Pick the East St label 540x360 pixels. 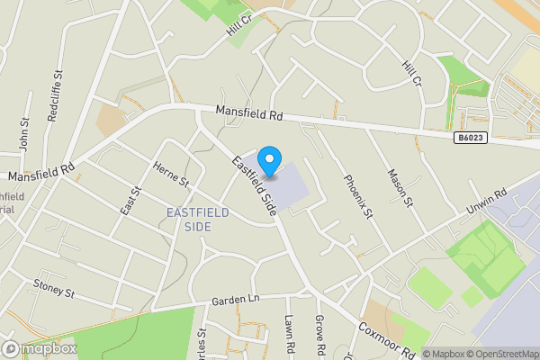coord(130,201)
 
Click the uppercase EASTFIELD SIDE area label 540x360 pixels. coord(198,219)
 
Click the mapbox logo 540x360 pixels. coord(39,348)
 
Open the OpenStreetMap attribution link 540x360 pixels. coord(502,354)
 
